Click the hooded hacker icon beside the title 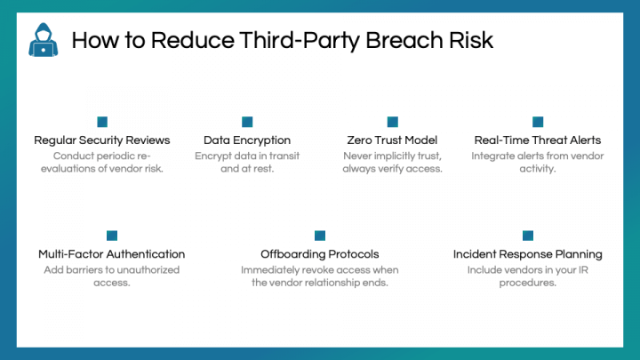tap(44, 40)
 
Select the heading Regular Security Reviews tap(102, 140)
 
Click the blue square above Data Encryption tap(247, 122)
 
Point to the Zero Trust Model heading tap(392, 140)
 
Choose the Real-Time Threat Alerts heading tap(538, 140)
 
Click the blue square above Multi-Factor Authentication tap(112, 236)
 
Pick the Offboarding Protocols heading tap(320, 254)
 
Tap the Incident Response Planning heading tap(528, 254)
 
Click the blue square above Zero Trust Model tap(393, 122)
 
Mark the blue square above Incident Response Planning tap(528, 236)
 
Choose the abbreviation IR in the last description tap(583, 270)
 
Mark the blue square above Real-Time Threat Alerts tap(538, 122)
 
